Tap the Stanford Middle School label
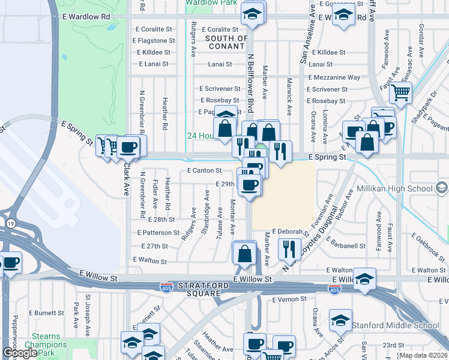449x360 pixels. coord(396,326)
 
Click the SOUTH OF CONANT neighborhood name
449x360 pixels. coord(226,43)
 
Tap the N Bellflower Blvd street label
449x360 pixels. coord(249,82)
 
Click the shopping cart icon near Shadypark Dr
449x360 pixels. coord(400,93)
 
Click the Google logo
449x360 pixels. coord(20,353)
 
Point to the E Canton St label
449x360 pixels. coord(205,171)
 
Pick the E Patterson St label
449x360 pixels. coord(160,232)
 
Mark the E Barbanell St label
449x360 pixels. coord(346,245)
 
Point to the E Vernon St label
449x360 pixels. coord(289,299)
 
